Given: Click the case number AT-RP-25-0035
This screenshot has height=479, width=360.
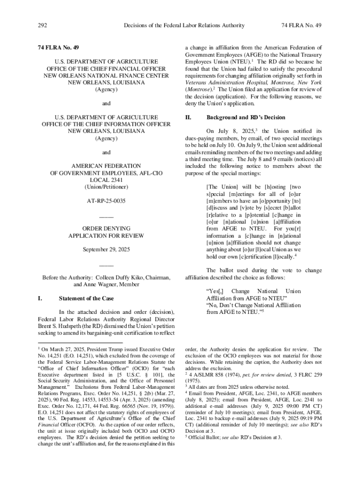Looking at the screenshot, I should click(106, 201).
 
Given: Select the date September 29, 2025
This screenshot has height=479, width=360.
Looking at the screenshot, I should click(106, 249).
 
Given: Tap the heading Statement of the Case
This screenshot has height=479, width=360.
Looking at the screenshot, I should click(87, 298).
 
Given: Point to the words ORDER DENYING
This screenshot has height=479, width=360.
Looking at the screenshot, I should click(106, 229).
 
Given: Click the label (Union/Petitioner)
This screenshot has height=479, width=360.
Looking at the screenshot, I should click(106, 187).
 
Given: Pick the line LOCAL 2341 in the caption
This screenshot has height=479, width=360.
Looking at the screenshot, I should click(106, 180).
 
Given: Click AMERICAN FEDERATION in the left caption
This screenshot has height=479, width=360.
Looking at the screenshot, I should click(106, 166).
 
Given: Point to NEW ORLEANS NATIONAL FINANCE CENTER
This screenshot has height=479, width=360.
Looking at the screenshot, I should click(106, 75).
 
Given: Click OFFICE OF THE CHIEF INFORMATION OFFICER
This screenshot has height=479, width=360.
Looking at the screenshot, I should click(106, 124).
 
